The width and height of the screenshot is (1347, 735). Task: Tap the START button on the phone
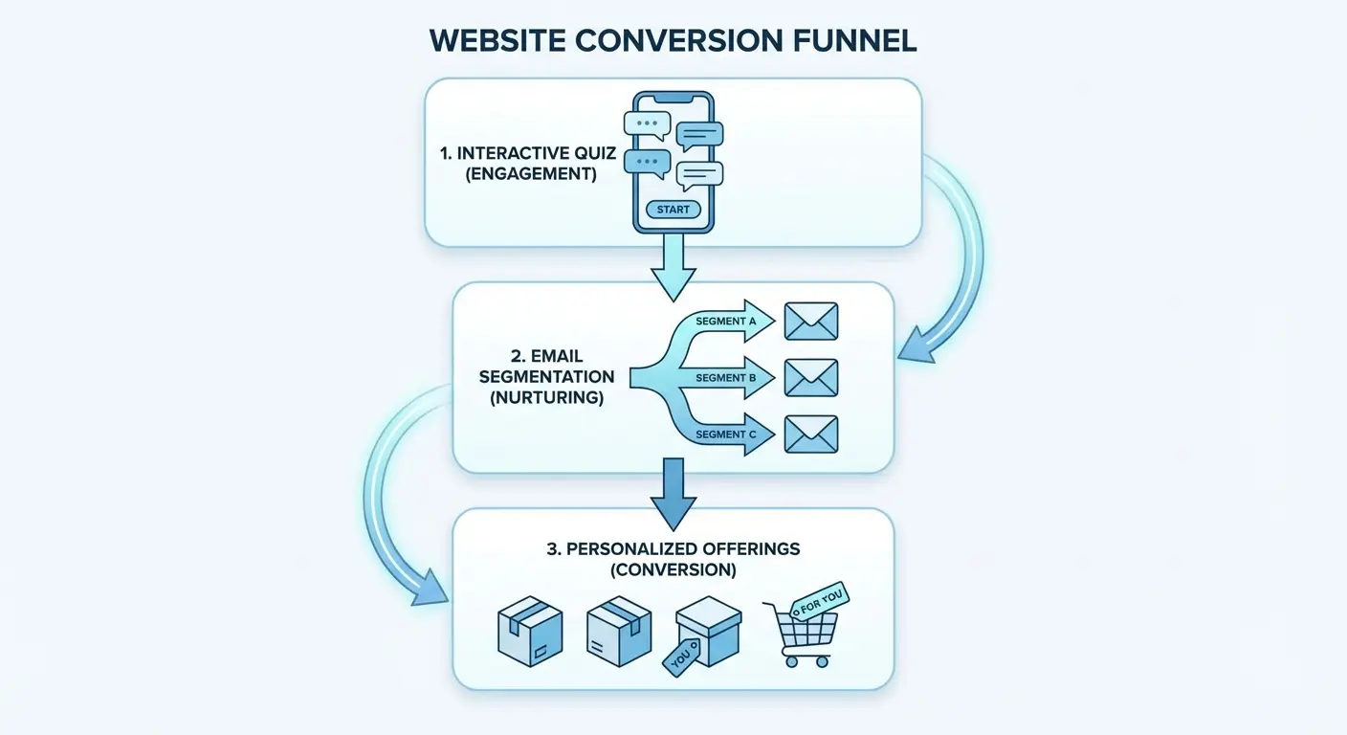pyautogui.click(x=673, y=210)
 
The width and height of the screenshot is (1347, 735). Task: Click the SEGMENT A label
pyautogui.click(x=726, y=322)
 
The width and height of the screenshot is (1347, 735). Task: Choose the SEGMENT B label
pyautogui.click(x=726, y=378)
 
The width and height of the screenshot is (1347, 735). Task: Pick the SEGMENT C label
pyautogui.click(x=726, y=434)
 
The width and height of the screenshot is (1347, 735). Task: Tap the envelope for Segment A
pyautogui.click(x=811, y=322)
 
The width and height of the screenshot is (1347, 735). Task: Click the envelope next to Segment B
pyautogui.click(x=811, y=378)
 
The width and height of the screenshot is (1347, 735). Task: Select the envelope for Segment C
pyautogui.click(x=811, y=434)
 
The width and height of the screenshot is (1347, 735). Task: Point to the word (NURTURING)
pyautogui.click(x=546, y=398)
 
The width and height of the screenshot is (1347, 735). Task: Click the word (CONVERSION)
pyautogui.click(x=673, y=570)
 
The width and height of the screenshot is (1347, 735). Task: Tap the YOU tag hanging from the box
pyautogui.click(x=682, y=657)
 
